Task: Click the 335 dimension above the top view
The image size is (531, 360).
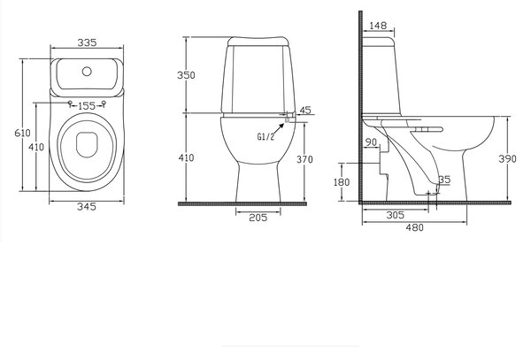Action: point(87,42)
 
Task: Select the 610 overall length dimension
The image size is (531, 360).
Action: point(22,133)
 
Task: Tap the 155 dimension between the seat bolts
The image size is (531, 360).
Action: point(87,106)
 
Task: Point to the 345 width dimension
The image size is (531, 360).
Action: point(87,206)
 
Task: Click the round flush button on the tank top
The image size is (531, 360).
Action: point(87,72)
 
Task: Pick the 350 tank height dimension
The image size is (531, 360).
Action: point(186,75)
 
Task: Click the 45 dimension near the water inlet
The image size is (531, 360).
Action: point(305,110)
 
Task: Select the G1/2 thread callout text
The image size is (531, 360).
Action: point(265,136)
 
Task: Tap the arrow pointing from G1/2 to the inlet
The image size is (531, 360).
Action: point(279,128)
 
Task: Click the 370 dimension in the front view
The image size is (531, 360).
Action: point(304,159)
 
